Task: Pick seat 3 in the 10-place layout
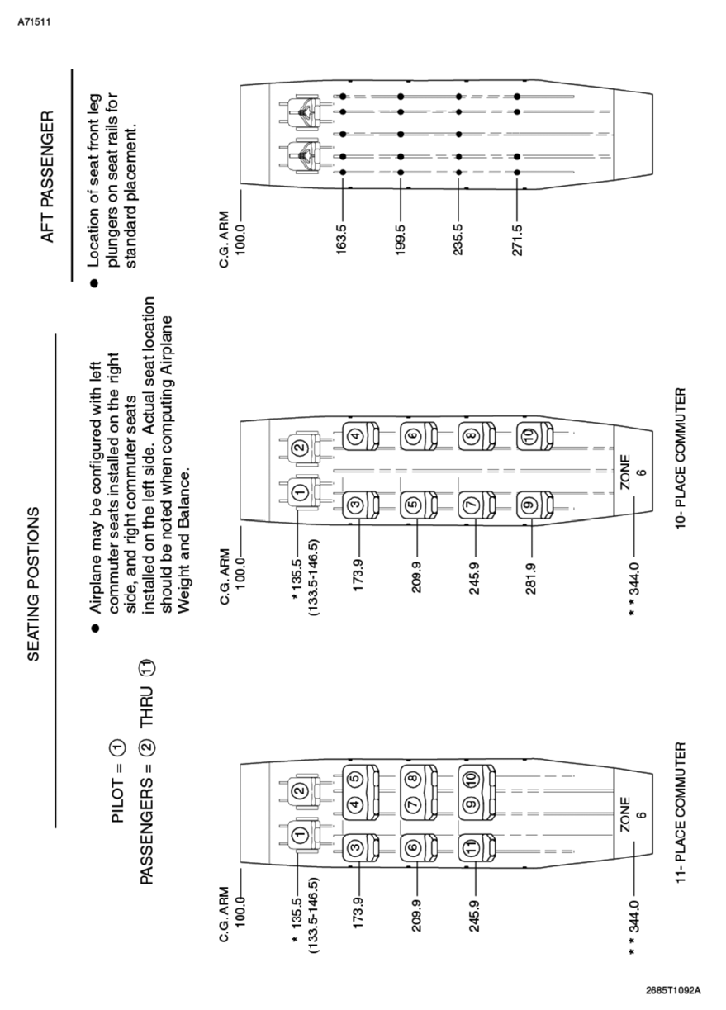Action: click(357, 500)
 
